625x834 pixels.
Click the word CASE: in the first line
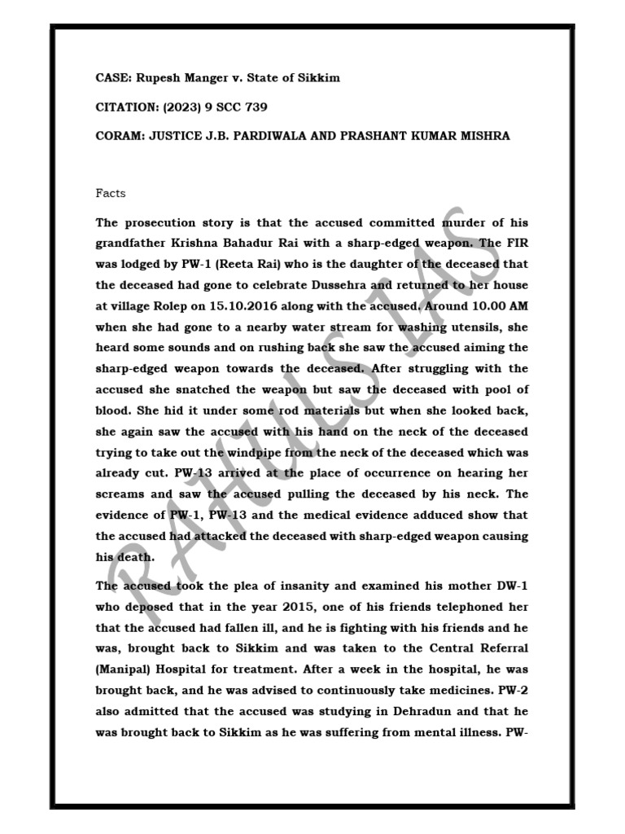[x=113, y=77]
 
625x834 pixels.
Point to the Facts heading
[x=110, y=194]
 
